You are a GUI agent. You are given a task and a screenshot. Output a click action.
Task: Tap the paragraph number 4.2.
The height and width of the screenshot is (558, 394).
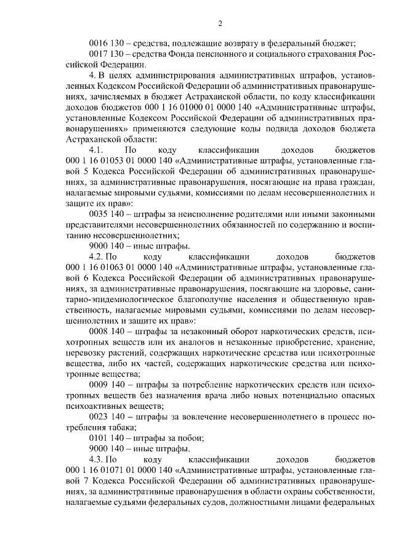(x=102, y=257)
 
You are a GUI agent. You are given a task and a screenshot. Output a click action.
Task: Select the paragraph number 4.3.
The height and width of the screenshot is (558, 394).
(x=102, y=460)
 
